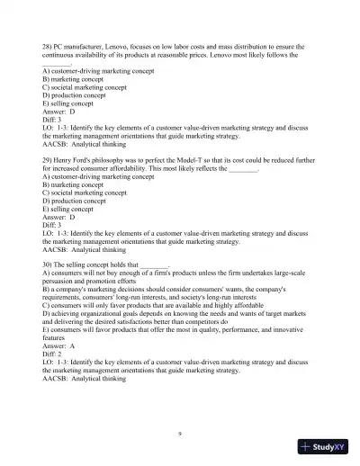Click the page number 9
point(180,435)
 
